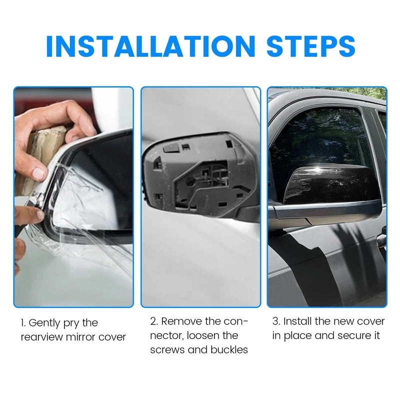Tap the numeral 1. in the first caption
pyautogui.click(x=24, y=323)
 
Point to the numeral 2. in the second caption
pyautogui.click(x=154, y=321)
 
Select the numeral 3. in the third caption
pyautogui.click(x=276, y=321)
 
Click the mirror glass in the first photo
pyautogui.click(x=102, y=185)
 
